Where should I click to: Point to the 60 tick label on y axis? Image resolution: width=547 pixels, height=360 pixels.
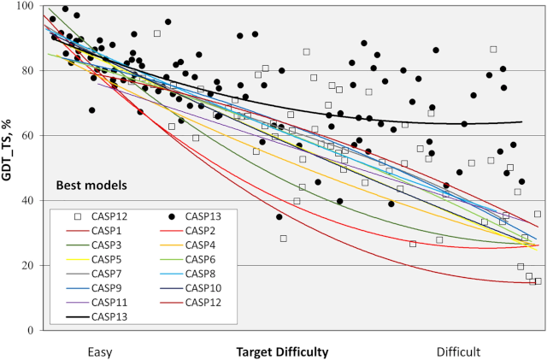pos(32,136)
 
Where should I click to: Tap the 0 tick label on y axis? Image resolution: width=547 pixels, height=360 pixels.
pos(35,330)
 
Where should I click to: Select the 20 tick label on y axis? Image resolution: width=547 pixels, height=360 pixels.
pos(32,265)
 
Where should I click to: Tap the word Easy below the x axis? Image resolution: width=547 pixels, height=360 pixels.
pos(100,351)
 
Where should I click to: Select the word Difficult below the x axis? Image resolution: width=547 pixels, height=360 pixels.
pos(459,351)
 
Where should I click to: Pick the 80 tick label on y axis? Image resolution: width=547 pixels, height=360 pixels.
pos(32,71)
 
